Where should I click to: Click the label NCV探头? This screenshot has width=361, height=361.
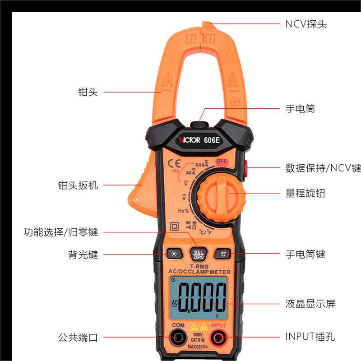[x=305, y=24]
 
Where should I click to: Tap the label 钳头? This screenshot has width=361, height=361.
[x=88, y=92]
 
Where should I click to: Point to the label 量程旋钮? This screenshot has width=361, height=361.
[x=305, y=194]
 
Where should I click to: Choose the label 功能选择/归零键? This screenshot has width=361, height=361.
[x=60, y=232]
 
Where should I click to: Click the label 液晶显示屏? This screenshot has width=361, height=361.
[x=310, y=304]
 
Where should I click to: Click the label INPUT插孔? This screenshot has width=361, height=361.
[x=310, y=337]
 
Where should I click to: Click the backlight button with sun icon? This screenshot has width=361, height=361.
[x=173, y=254]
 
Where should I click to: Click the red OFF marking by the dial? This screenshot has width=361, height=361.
[x=221, y=162]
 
